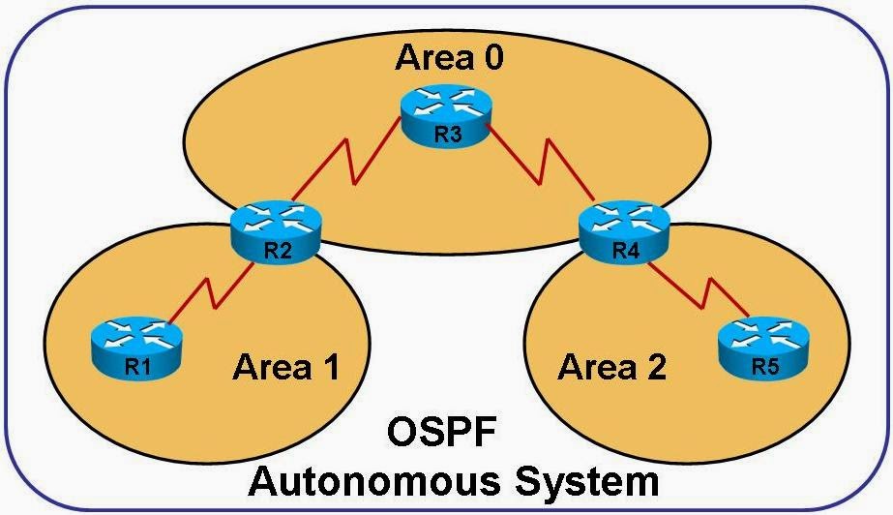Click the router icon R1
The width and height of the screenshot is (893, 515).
pyautogui.click(x=134, y=343)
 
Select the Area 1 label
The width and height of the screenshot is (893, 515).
pyautogui.click(x=285, y=368)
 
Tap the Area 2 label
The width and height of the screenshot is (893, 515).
pyautogui.click(x=612, y=368)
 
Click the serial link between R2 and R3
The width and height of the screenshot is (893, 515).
pyautogui.click(x=354, y=166)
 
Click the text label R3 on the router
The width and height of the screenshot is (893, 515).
pyautogui.click(x=447, y=136)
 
